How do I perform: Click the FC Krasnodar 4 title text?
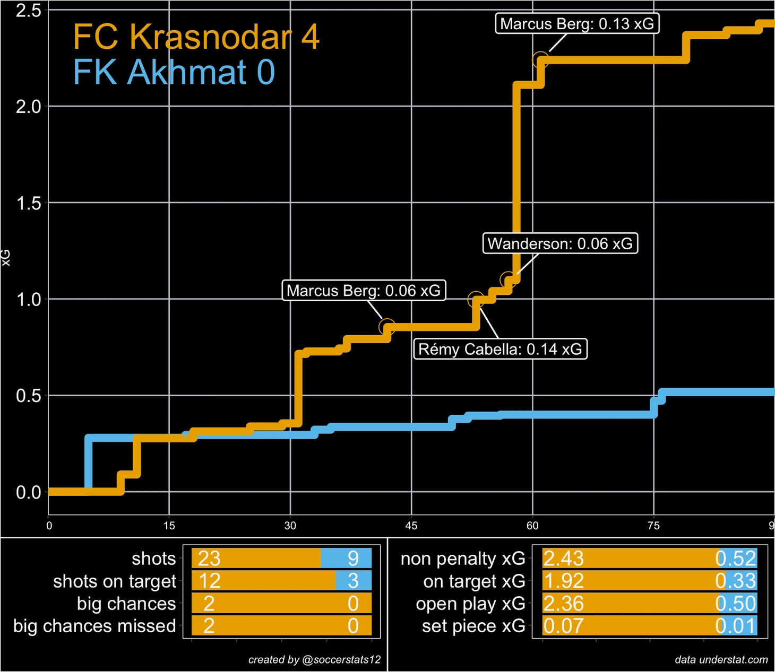pyautogui.click(x=196, y=37)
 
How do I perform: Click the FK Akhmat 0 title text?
pyautogui.click(x=174, y=72)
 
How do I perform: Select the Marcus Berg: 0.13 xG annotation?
pyautogui.click(x=577, y=24)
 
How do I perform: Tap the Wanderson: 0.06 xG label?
pyautogui.click(x=560, y=243)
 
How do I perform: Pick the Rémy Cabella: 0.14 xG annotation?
pyautogui.click(x=500, y=349)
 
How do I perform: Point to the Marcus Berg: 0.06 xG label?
pyautogui.click(x=363, y=291)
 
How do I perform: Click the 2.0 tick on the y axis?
pyautogui.click(x=28, y=107)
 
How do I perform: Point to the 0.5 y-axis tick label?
pyautogui.click(x=28, y=396)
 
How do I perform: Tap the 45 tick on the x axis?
pyautogui.click(x=411, y=526)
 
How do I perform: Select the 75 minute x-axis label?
pyautogui.click(x=653, y=526)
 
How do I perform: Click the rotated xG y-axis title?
pyautogui.click(x=6, y=258)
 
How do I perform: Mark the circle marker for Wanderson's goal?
pyautogui.click(x=508, y=280)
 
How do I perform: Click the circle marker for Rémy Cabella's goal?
pyautogui.click(x=476, y=300)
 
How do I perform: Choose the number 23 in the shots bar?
pyautogui.click(x=209, y=558)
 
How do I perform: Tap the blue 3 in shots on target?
pyautogui.click(x=353, y=581)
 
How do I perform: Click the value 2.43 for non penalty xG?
pyautogui.click(x=563, y=558)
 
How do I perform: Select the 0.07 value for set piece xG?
pyautogui.click(x=563, y=626)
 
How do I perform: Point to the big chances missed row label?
pyautogui.click(x=94, y=626)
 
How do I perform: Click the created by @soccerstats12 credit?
pyautogui.click(x=314, y=660)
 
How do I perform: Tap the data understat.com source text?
pyautogui.click(x=721, y=660)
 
